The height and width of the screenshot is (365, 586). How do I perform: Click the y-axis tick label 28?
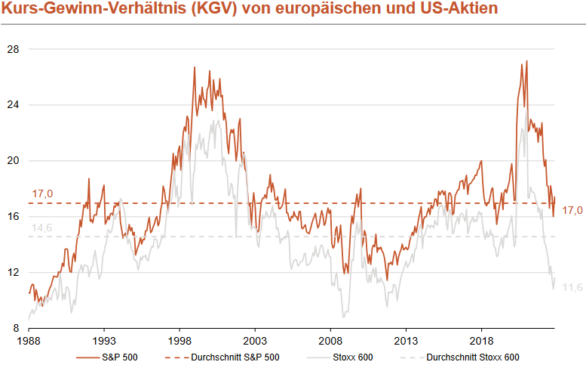pos(13,49)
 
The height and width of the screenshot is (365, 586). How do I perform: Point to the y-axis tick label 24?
pos(13,105)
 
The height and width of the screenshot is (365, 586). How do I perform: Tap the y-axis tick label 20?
pos(13,161)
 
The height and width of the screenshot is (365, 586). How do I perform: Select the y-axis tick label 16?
pos(13,217)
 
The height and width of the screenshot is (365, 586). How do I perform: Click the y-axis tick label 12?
pos(13,273)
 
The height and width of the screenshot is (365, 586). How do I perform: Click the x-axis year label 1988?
pos(29,341)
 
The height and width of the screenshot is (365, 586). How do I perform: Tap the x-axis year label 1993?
pos(104,341)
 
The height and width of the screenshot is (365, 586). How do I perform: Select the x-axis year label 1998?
pos(179,341)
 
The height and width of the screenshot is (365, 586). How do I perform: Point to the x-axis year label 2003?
pos(255,341)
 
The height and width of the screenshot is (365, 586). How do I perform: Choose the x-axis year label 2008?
pos(330,341)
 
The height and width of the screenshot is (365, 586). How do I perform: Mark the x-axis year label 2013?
pos(406,341)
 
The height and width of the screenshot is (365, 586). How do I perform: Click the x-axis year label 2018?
pos(481,341)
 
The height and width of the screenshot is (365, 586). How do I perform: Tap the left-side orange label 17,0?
pos(42,194)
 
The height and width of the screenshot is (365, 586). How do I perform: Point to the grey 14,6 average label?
pos(42,228)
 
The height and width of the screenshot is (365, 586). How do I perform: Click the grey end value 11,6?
pos(573,287)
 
